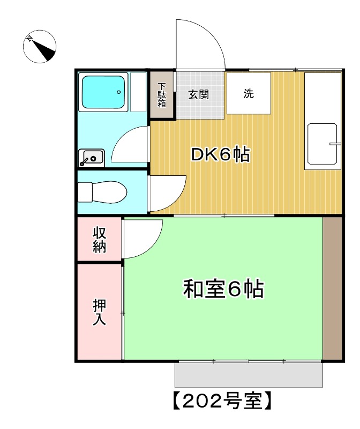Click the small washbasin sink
(92, 158)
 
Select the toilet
(102, 191)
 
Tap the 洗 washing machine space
(248, 93)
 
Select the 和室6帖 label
(223, 289)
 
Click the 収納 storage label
(100, 240)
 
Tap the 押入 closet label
(100, 313)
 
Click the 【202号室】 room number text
(223, 401)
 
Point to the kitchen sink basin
(322, 143)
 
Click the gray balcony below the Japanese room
(249, 375)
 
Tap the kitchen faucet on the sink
(335, 144)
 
